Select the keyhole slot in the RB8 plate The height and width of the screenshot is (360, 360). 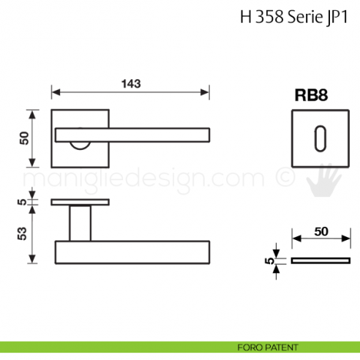(x=320, y=136)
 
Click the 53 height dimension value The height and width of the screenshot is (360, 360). (x=23, y=233)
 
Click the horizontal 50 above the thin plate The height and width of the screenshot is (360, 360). (x=320, y=231)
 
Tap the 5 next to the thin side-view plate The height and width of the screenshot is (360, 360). (x=270, y=260)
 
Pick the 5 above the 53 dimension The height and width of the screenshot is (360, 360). (x=23, y=201)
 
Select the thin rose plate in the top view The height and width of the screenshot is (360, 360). (x=80, y=201)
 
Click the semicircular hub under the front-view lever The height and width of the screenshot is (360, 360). (x=80, y=146)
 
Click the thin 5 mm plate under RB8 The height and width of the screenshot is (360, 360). (x=320, y=260)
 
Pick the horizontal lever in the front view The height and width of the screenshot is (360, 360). (x=133, y=133)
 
